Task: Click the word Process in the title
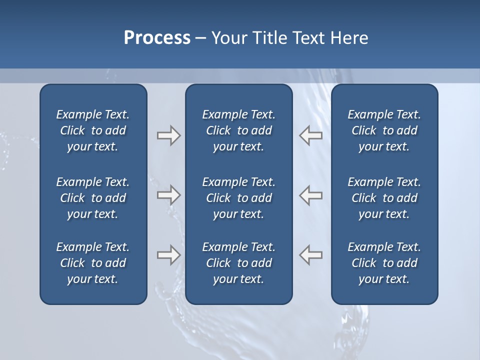(157, 38)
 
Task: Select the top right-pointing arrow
(168, 135)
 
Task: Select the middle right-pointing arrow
(168, 194)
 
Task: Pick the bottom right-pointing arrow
(168, 254)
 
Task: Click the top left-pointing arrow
(311, 135)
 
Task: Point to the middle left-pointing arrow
(311, 194)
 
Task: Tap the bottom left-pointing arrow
(311, 254)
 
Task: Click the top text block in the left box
(93, 130)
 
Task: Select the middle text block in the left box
(93, 198)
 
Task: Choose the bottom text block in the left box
(93, 263)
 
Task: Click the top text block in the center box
(238, 130)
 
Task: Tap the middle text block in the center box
(238, 198)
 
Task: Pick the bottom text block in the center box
(238, 263)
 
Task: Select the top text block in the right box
(384, 130)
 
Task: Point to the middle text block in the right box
(384, 198)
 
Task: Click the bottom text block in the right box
(384, 263)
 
